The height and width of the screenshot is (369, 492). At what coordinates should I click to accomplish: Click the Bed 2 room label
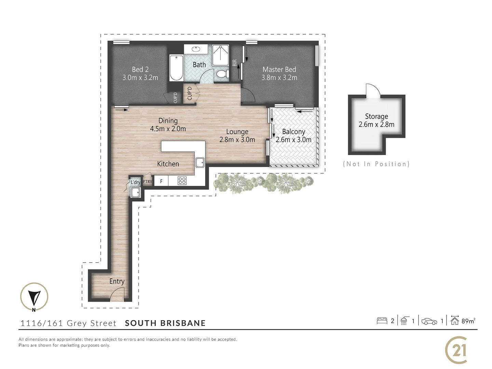(x=140, y=69)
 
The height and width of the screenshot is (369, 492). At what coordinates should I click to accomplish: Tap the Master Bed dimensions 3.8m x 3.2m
(x=279, y=78)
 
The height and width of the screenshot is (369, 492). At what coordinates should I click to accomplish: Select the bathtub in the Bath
(x=176, y=68)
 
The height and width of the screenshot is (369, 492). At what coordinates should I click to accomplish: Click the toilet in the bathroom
(x=222, y=73)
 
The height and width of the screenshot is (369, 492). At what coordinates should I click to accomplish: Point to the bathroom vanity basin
(x=196, y=49)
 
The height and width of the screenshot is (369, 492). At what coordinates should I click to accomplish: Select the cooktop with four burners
(x=182, y=180)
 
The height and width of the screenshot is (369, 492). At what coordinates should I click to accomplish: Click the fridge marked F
(x=161, y=181)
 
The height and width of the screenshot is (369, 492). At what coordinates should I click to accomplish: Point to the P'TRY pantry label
(x=147, y=181)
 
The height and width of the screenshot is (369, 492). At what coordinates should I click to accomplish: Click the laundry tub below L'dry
(x=135, y=193)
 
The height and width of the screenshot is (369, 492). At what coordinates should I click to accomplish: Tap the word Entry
(x=117, y=281)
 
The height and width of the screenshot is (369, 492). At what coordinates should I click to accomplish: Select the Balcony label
(x=293, y=132)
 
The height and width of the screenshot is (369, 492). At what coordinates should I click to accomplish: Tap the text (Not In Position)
(x=376, y=164)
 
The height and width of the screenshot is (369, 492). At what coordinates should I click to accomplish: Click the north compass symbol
(x=34, y=297)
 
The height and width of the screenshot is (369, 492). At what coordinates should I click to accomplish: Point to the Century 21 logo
(x=456, y=350)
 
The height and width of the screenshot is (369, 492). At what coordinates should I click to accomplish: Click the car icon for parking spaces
(x=429, y=321)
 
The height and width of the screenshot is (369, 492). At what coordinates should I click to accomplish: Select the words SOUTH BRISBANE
(x=165, y=323)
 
